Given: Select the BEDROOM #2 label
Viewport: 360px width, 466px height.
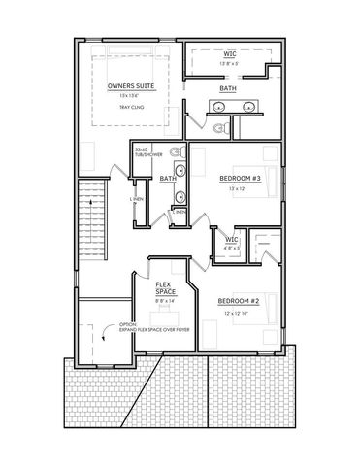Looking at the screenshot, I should pyautogui.click(x=238, y=300).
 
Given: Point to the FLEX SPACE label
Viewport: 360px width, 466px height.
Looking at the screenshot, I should pyautogui.click(x=165, y=288).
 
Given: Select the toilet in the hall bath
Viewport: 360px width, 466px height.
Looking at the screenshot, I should pyautogui.click(x=176, y=152).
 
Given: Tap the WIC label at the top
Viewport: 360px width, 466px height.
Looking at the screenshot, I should pyautogui.click(x=228, y=53).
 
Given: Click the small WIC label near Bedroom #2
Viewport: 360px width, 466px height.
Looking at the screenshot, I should pyautogui.click(x=231, y=239).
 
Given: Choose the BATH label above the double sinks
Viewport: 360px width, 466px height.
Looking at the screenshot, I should pyautogui.click(x=227, y=88).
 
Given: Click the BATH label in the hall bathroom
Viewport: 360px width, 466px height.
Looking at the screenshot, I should pyautogui.click(x=167, y=179).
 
